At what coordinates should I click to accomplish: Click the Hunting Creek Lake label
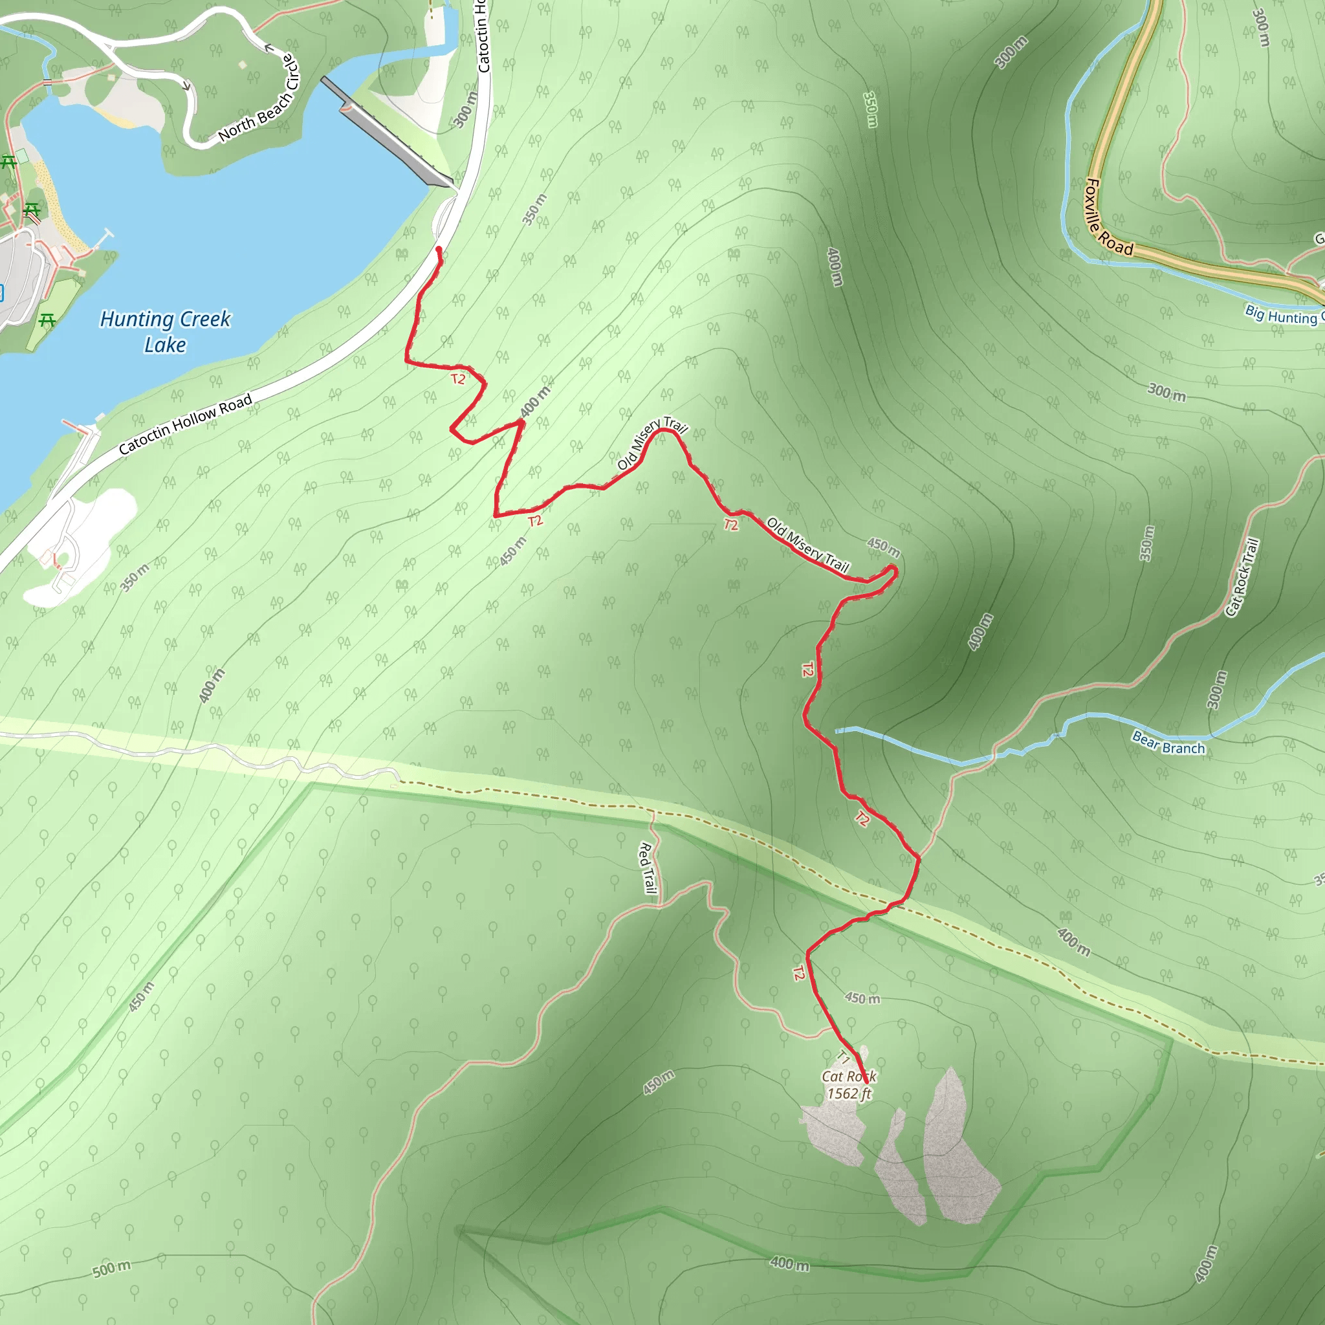[165, 331]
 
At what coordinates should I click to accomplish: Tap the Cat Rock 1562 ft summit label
[849, 1084]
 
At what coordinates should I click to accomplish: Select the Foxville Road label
[1108, 217]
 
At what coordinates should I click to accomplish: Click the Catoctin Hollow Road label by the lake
[185, 424]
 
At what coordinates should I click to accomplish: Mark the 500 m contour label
[111, 1269]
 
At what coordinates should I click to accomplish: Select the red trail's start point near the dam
[438, 249]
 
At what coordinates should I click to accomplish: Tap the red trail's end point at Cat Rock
[867, 1083]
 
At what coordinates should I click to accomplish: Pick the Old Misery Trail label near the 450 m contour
[808, 545]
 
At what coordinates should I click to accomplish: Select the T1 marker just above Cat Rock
[844, 1058]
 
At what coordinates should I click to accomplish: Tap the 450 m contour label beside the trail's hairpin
[883, 547]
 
